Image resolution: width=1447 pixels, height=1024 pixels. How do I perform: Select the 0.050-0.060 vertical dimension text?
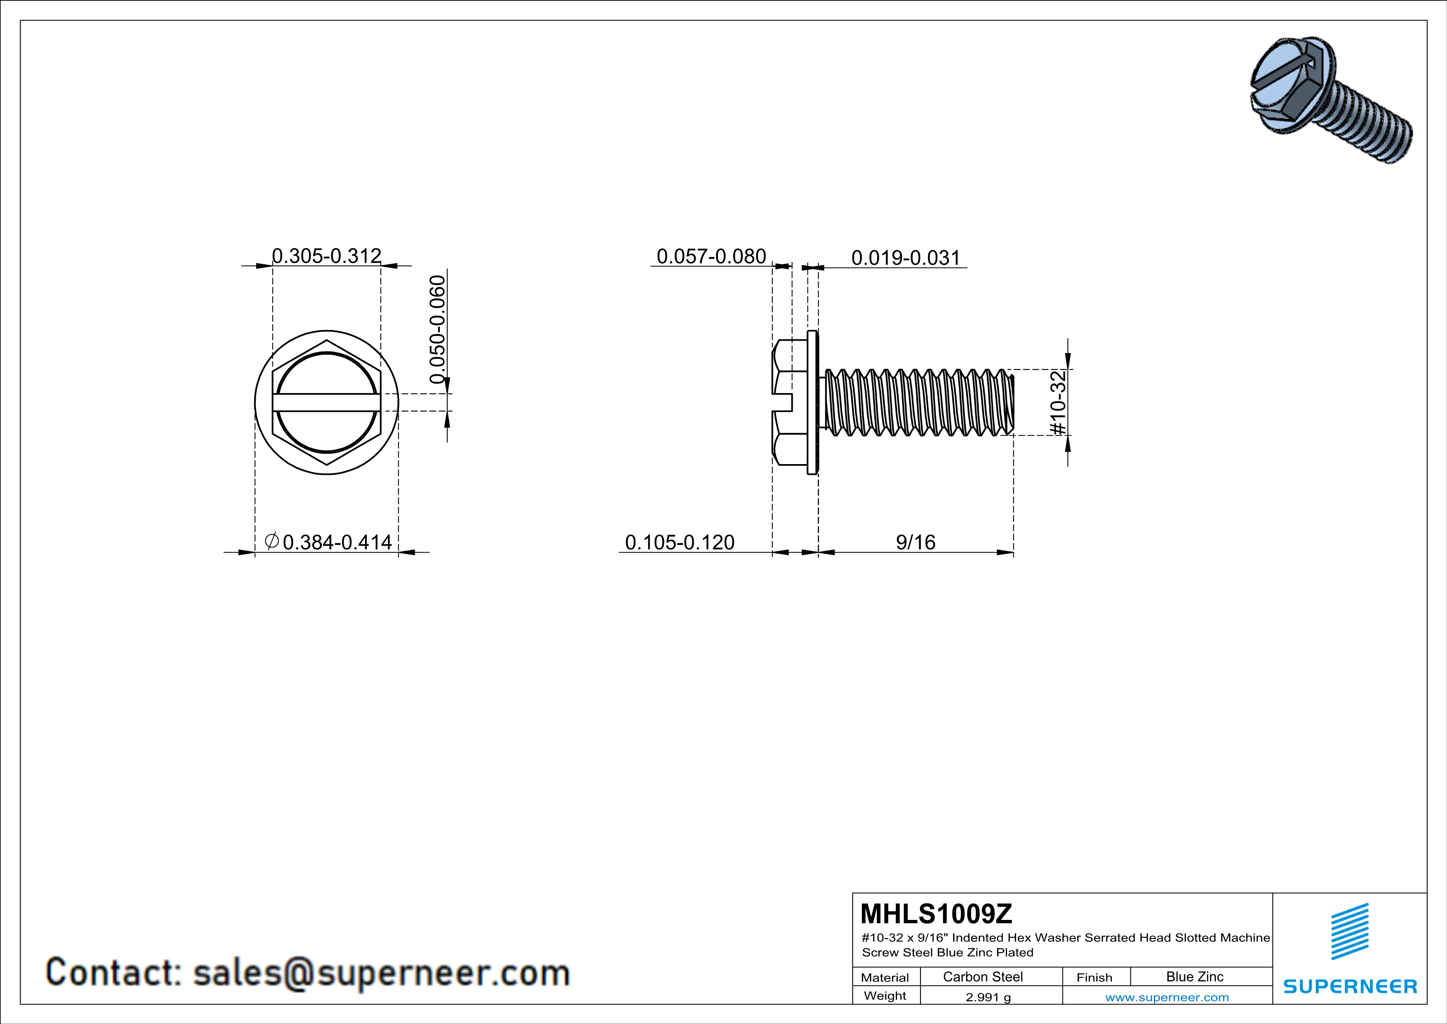pyautogui.click(x=437, y=329)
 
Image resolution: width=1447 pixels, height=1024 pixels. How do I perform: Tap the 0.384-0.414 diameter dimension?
pyautogui.click(x=337, y=542)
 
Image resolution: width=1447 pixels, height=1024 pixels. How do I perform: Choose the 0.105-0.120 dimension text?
pyautogui.click(x=680, y=542)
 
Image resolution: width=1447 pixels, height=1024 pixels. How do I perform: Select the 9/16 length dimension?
pyautogui.click(x=915, y=542)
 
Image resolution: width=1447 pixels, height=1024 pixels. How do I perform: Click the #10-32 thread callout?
pyautogui.click(x=1058, y=402)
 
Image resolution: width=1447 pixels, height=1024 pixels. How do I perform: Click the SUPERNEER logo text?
pyautogui.click(x=1350, y=986)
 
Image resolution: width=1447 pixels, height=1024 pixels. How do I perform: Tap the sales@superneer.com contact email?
pyautogui.click(x=381, y=972)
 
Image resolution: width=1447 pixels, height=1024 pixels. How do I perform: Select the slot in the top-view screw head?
pyautogui.click(x=326, y=402)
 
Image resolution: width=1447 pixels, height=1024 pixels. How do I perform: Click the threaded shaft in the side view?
pyautogui.click(x=917, y=402)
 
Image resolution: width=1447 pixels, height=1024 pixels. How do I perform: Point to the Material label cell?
pyautogui.click(x=885, y=977)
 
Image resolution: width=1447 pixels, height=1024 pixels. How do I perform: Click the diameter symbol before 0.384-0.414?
pyautogui.click(x=271, y=541)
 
